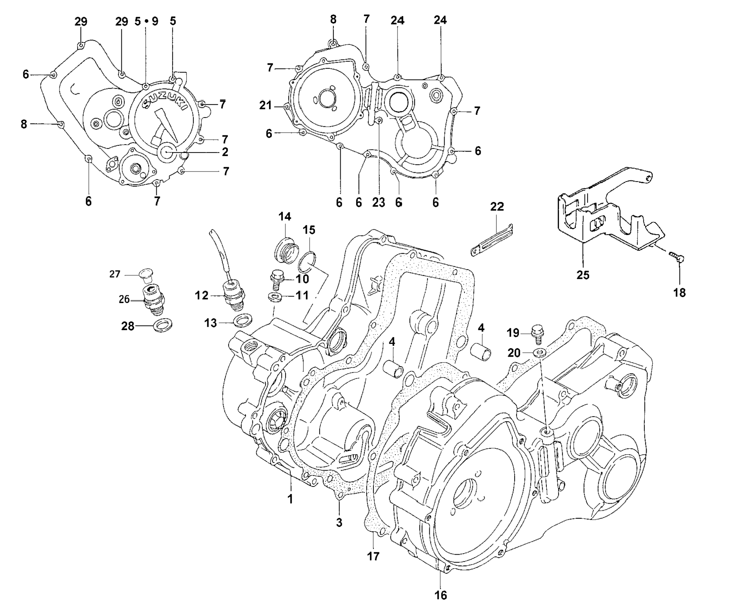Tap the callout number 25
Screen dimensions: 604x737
[x=583, y=275]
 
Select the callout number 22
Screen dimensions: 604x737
[x=497, y=207]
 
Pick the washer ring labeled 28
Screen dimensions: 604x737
[x=163, y=324]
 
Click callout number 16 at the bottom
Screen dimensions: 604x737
[x=441, y=595]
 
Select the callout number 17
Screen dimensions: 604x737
[x=373, y=556]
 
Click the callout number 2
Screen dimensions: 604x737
[x=225, y=152]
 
